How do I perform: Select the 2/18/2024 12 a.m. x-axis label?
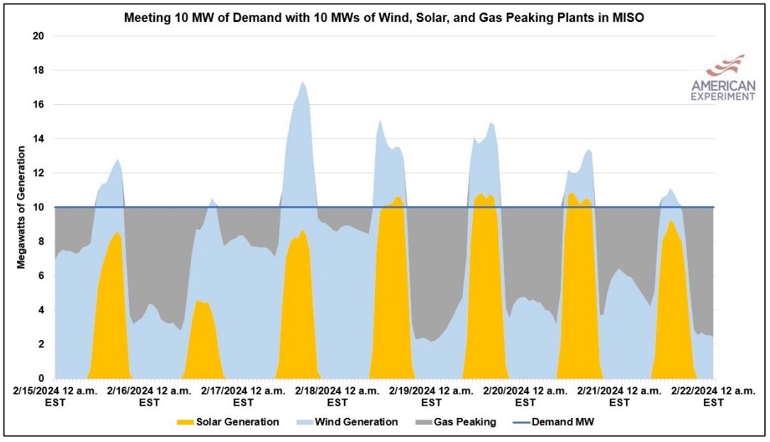(x=337, y=396)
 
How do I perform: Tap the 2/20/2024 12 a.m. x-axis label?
(x=525, y=396)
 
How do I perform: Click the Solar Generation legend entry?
(x=228, y=422)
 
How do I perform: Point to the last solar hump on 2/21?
(x=674, y=305)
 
